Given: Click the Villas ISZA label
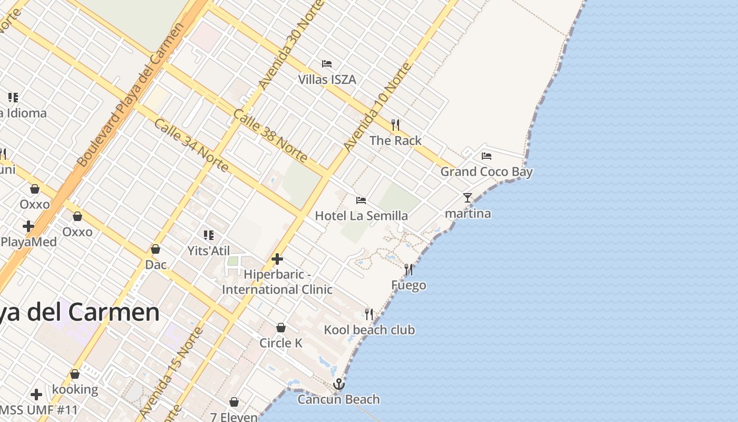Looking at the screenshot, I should pos(327,80).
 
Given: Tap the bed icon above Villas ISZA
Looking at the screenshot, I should pos(327,64).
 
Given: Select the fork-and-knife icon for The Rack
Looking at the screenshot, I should pos(395,125).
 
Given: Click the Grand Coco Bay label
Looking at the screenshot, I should pos(486,172).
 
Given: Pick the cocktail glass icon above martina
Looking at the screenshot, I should pos(468,198).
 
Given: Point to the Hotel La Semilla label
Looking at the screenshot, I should pos(361,216).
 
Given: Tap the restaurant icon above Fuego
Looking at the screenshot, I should pos(409,270).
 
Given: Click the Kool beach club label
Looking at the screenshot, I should pos(369,330).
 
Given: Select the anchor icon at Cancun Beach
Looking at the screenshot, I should pos(339,384).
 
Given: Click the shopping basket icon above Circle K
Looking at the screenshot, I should pos(281,328).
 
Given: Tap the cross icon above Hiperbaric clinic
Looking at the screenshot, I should pos(277,259).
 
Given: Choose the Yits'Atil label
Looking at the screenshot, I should pos(209,251).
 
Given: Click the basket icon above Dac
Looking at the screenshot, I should pos(156,249).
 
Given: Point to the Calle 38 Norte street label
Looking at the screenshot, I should pos(270,136).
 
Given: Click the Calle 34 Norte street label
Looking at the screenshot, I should pos(191,145).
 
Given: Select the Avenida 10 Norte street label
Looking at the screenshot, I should pos(376,108).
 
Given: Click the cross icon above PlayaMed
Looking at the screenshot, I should pos(28,226).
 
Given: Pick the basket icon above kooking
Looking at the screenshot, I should pos(75,374).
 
